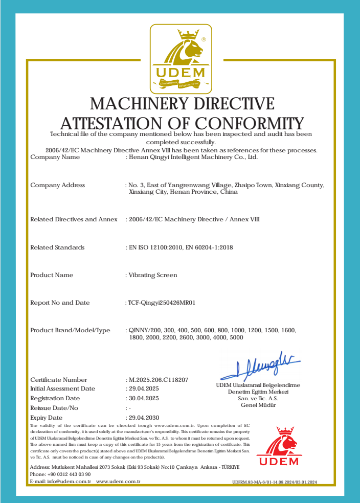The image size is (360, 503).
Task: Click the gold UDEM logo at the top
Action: tap(181, 59)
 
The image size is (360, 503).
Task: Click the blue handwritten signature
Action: tap(261, 366)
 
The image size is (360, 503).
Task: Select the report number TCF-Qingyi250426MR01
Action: tap(162, 303)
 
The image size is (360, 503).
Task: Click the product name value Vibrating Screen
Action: tap(152, 275)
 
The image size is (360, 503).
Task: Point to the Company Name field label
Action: tap(55, 157)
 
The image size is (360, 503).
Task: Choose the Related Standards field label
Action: tap(57, 247)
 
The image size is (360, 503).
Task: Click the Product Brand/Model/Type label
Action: tap(70, 330)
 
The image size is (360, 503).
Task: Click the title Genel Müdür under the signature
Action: tap(258, 405)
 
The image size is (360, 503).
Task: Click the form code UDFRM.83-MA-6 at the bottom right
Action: tap(275, 482)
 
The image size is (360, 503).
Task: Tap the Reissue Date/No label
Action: tap(54, 408)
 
